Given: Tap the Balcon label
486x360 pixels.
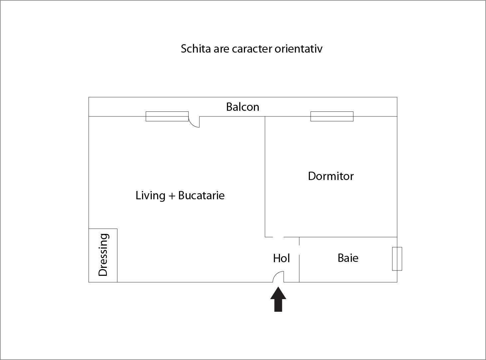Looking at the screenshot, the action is (x=243, y=107).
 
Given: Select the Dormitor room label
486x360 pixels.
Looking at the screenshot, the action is (x=331, y=176).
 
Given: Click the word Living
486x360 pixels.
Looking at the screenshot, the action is (x=150, y=195).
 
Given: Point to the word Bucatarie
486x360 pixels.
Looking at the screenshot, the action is (x=201, y=195).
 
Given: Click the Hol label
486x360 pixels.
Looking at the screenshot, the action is (x=281, y=258).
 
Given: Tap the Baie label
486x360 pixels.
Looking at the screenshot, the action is (x=348, y=258).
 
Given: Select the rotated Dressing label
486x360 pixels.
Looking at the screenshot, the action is (x=103, y=255).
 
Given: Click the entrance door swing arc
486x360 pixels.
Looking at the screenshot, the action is (x=277, y=274).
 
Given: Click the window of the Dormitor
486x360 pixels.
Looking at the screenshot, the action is (x=332, y=116).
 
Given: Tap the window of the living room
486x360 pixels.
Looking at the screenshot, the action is (x=167, y=116).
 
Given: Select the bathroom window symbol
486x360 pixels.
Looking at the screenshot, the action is (x=397, y=259).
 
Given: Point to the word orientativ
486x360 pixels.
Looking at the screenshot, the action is (x=299, y=49).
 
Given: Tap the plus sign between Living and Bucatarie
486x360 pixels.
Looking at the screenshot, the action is (x=172, y=196).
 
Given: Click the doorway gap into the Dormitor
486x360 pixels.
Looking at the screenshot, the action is (x=278, y=237).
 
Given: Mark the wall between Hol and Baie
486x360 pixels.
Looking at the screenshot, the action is (x=299, y=260).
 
